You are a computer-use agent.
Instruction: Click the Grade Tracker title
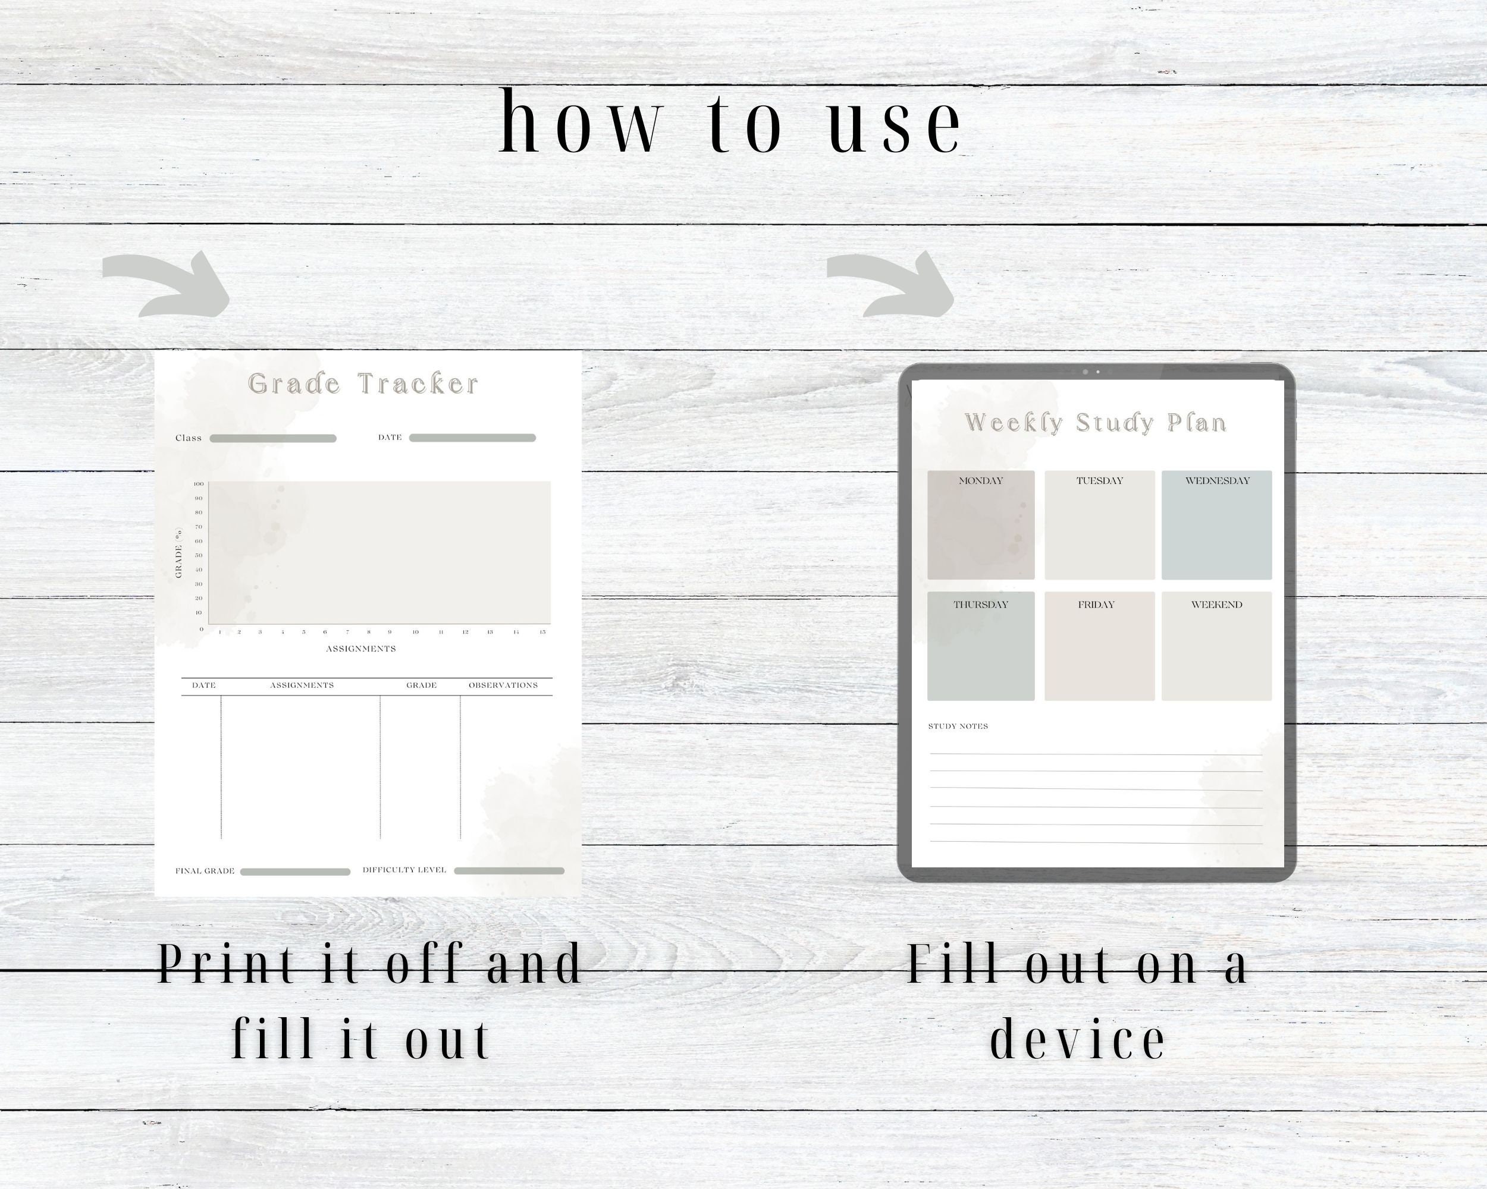pos(363,384)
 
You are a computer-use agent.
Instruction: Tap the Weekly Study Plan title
pos(1095,423)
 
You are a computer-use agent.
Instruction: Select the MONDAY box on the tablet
pos(980,525)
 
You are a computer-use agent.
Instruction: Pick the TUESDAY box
pos(1099,525)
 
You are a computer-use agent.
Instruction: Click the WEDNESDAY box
pos(1216,525)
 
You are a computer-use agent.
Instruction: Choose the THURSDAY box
pos(980,646)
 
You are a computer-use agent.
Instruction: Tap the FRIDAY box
pos(1099,646)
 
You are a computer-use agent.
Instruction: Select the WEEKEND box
pos(1216,646)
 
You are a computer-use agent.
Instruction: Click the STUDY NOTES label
pos(958,726)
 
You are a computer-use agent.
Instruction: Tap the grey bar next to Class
pos(273,438)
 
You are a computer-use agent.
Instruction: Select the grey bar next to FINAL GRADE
pos(295,872)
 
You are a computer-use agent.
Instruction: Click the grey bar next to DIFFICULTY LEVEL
pos(509,870)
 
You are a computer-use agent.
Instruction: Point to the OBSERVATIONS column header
pos(503,685)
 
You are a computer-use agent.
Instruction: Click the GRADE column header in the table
pos(421,685)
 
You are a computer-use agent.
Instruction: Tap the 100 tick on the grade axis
pos(199,484)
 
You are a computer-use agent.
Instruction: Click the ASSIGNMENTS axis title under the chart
pos(360,649)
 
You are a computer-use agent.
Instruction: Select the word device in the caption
pos(1077,1039)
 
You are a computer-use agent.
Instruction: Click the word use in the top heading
pos(895,124)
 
